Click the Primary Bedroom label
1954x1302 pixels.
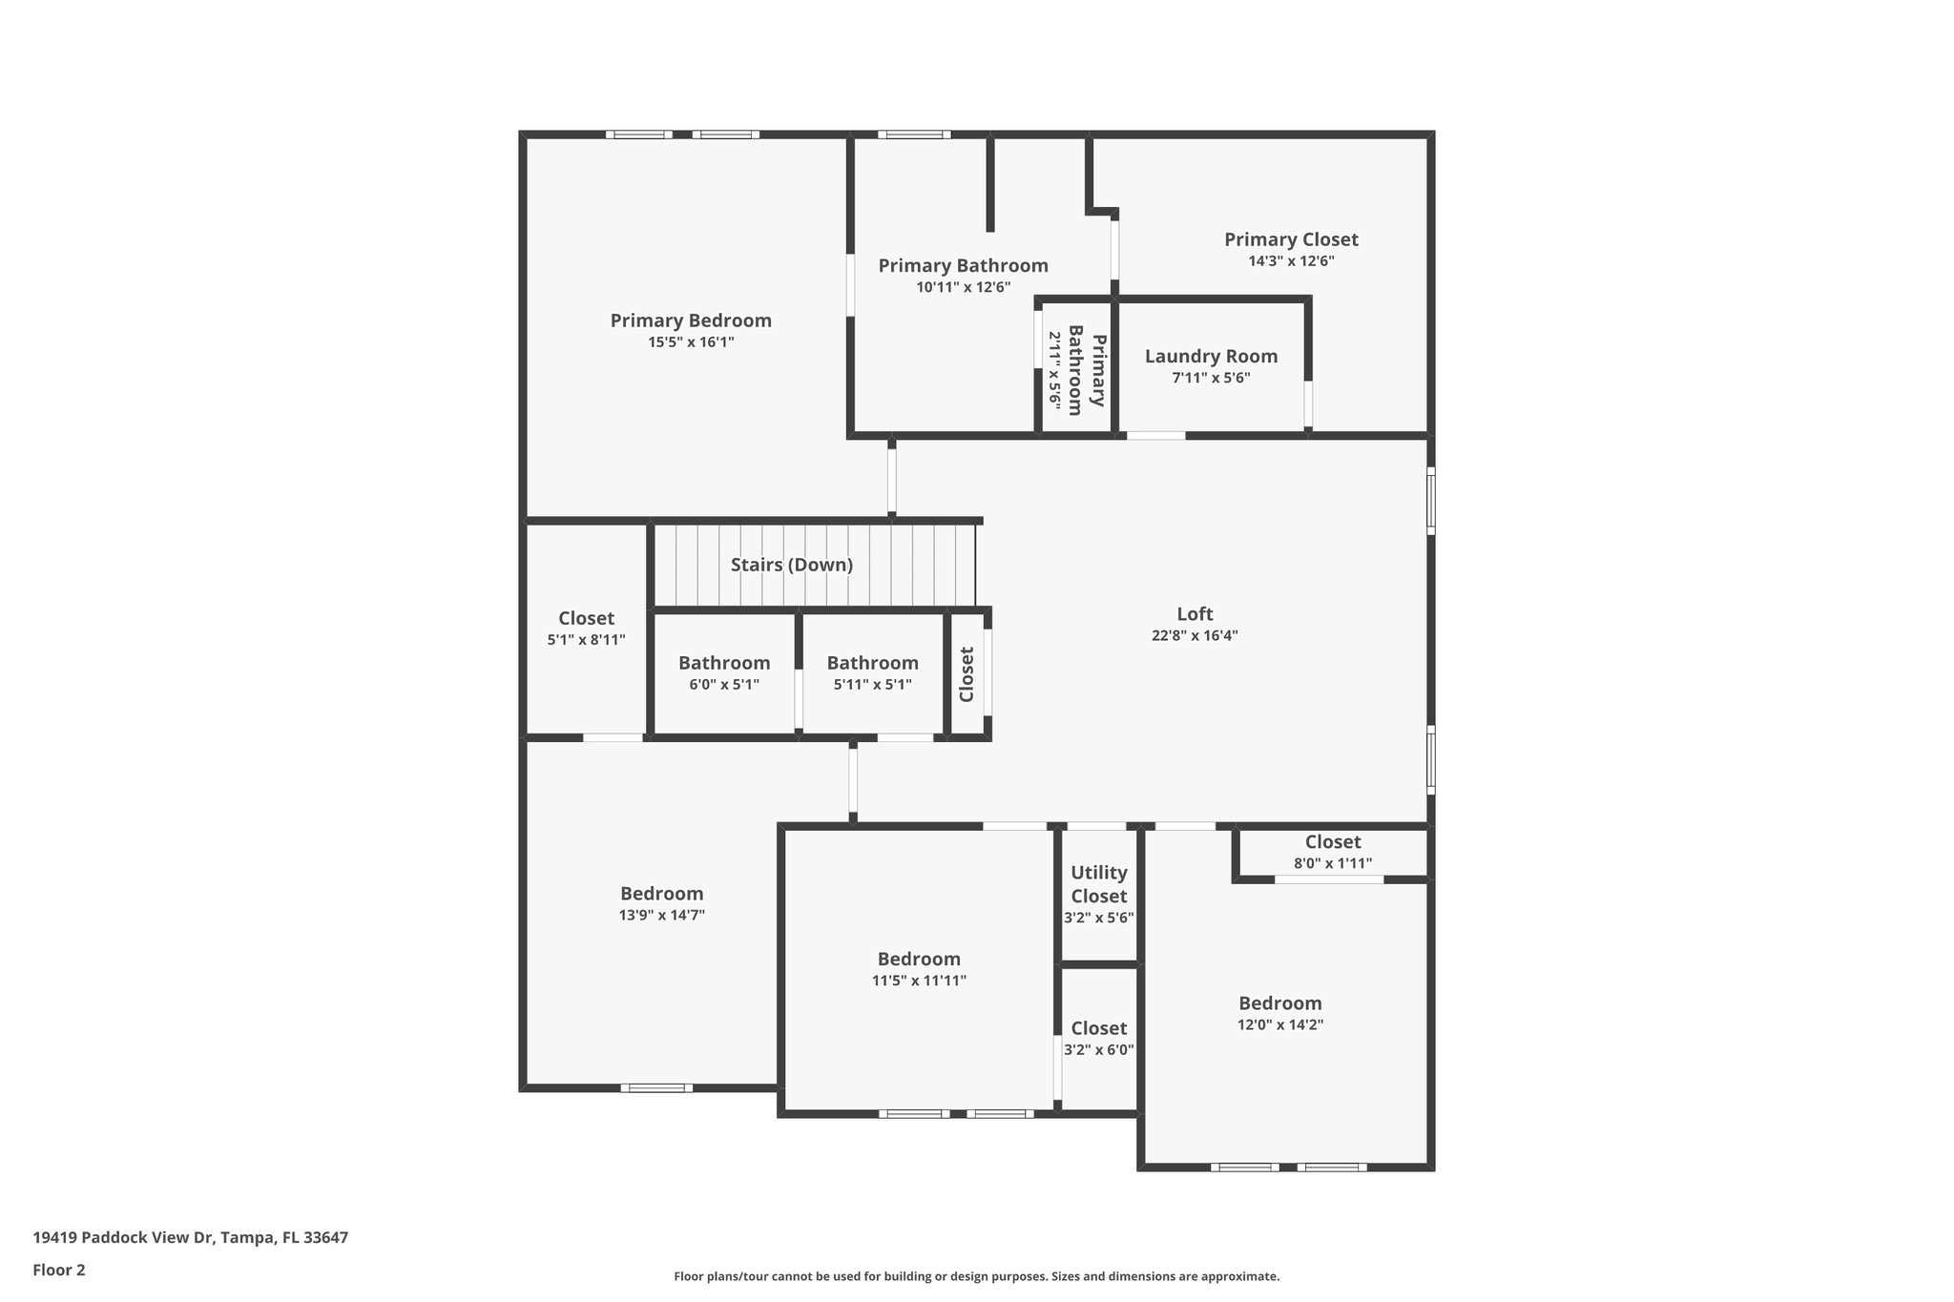pyautogui.click(x=691, y=320)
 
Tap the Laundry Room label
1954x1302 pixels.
pyautogui.click(x=1211, y=357)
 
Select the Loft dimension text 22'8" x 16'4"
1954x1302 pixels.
pyautogui.click(x=1195, y=636)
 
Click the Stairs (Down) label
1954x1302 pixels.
pyautogui.click(x=792, y=565)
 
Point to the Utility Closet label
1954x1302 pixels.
pyautogui.click(x=1098, y=884)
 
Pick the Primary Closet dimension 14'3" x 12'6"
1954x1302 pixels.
pyautogui.click(x=1291, y=261)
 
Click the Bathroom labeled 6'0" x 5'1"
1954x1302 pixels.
pyautogui.click(x=724, y=663)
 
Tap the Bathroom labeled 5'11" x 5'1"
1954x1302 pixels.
pyautogui.click(x=872, y=663)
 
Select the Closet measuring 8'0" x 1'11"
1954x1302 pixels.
pyautogui.click(x=1333, y=842)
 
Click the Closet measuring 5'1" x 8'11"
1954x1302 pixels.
pyautogui.click(x=586, y=618)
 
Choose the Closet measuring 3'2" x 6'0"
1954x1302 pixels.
pyautogui.click(x=1098, y=1028)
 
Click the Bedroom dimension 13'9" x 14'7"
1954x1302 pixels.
pyautogui.click(x=661, y=916)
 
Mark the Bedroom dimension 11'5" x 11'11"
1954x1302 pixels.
pyautogui.click(x=919, y=981)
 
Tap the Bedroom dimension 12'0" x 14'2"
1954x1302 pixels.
pyautogui.click(x=1279, y=1025)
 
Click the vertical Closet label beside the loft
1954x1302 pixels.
pyautogui.click(x=967, y=674)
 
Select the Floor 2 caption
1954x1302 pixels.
pyautogui.click(x=59, y=1270)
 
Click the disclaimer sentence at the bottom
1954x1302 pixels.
pyautogui.click(x=976, y=1276)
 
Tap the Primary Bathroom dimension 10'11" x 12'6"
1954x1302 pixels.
pyautogui.click(x=963, y=287)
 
